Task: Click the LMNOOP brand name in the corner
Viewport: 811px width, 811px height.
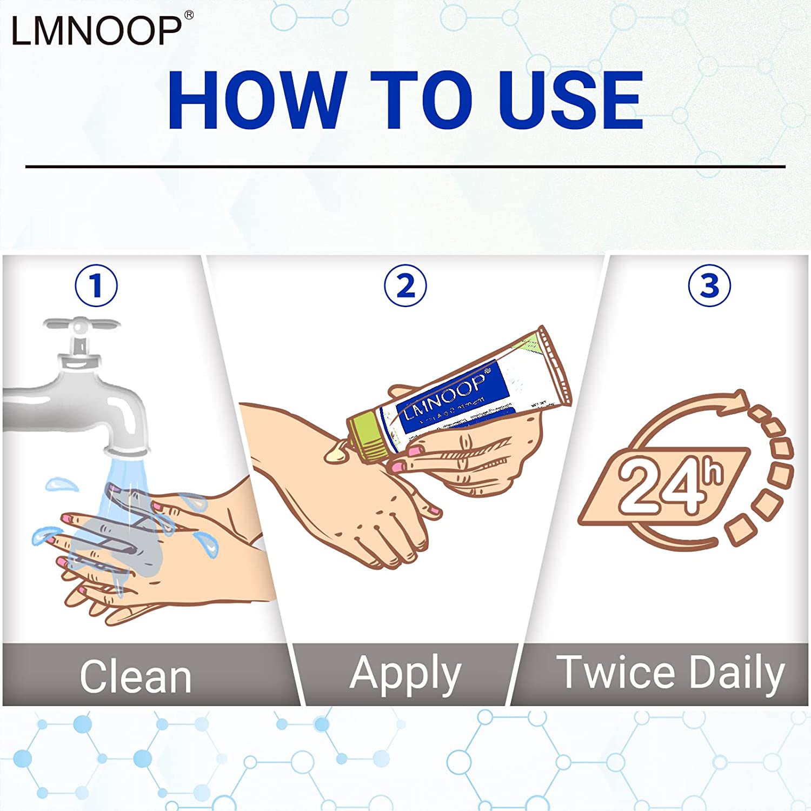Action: tap(96, 30)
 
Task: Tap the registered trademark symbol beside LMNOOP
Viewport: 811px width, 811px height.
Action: tap(189, 16)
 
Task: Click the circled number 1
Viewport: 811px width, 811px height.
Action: tap(96, 285)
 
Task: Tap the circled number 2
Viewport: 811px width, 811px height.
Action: tap(405, 285)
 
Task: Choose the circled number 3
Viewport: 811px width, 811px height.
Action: tap(709, 285)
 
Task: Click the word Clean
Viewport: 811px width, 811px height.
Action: tap(136, 676)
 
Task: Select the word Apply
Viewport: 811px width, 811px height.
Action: tap(405, 674)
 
